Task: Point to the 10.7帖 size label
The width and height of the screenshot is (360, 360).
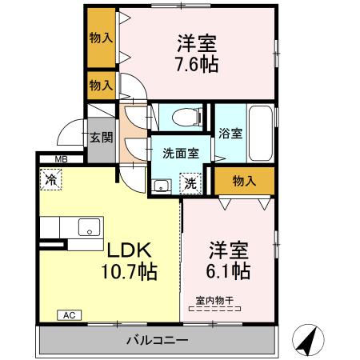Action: pyautogui.click(x=128, y=271)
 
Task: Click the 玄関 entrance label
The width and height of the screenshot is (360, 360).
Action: pyautogui.click(x=100, y=138)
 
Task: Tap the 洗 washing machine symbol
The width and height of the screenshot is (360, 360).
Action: pyautogui.click(x=190, y=182)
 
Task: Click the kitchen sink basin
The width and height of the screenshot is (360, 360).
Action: pyautogui.click(x=86, y=226)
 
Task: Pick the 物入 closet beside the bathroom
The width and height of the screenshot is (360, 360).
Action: pyautogui.click(x=243, y=181)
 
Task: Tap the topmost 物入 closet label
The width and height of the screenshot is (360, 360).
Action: pyautogui.click(x=100, y=37)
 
